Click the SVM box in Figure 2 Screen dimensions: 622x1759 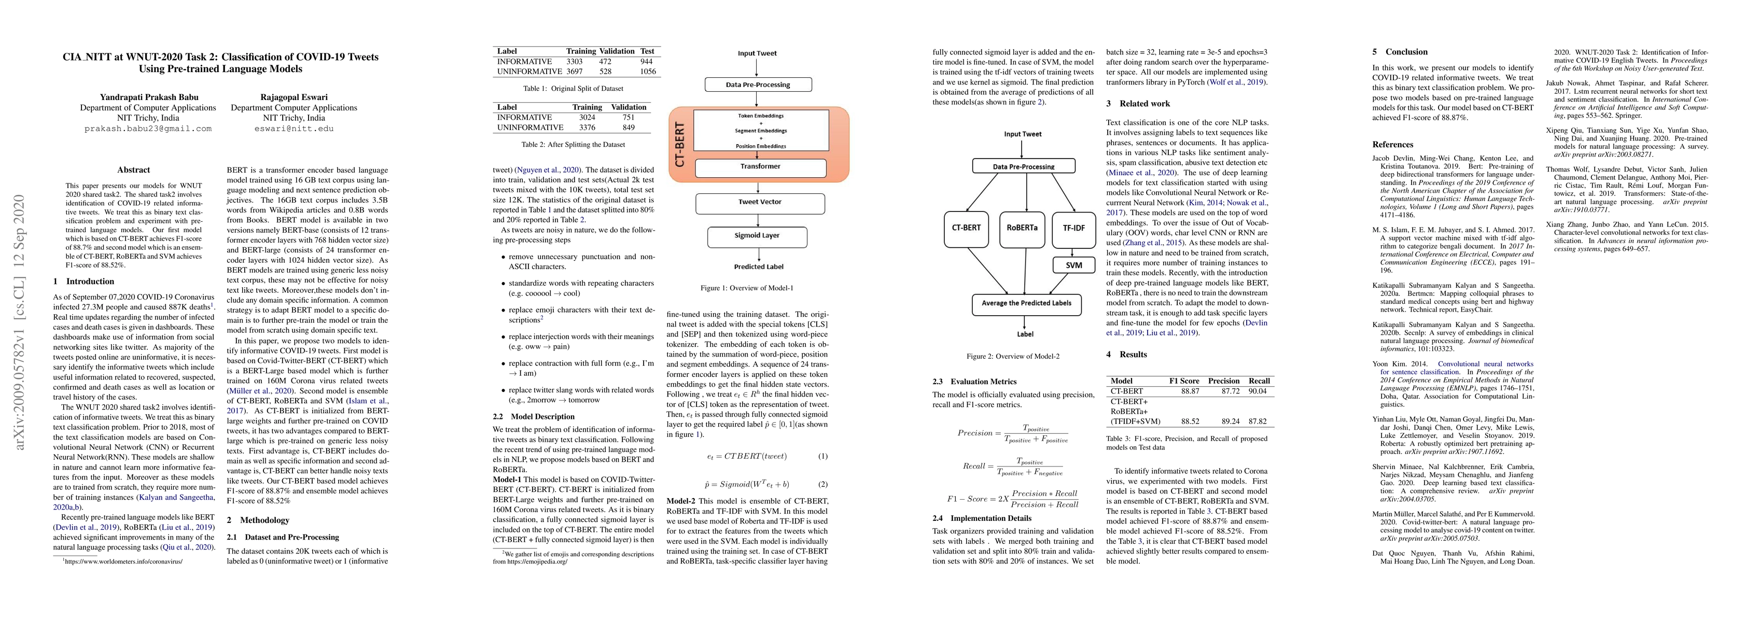[1073, 265]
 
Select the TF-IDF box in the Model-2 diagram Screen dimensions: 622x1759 [1073, 228]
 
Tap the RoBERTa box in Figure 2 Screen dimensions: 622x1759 [1022, 228]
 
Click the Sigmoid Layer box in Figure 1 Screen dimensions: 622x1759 [757, 235]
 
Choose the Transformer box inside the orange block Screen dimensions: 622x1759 [760, 166]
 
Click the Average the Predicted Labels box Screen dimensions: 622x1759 [1026, 303]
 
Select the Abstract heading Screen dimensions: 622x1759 [133, 170]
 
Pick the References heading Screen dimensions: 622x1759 [1392, 145]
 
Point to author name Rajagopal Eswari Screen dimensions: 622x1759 [294, 97]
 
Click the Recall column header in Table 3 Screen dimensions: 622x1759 [1259, 381]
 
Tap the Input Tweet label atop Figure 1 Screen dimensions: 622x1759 [757, 53]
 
